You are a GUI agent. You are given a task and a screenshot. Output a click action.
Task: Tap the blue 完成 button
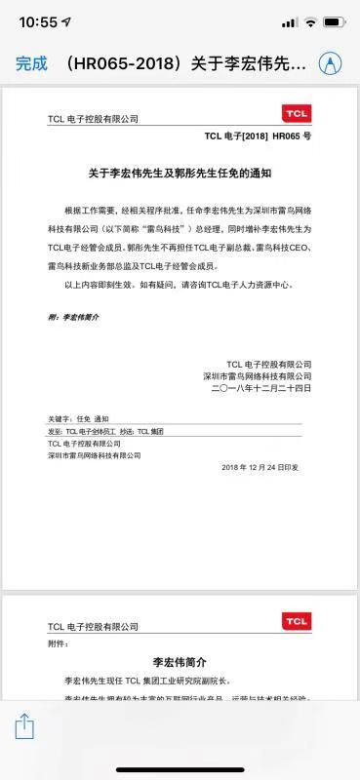coord(31,63)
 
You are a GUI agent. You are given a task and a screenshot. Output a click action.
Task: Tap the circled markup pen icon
coord(332,63)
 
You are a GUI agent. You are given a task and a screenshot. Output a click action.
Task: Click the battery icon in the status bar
coord(335,21)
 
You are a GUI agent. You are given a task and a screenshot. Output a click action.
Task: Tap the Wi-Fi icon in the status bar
coord(310,21)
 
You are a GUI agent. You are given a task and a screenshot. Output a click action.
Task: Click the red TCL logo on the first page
coord(297,115)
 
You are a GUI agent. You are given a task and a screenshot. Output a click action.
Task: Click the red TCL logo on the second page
coord(297,621)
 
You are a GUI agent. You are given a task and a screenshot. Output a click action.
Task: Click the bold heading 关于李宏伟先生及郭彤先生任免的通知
coord(180,174)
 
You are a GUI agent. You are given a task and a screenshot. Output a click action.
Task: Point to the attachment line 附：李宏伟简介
coord(73,318)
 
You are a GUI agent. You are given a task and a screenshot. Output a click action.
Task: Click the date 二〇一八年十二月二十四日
coord(260,388)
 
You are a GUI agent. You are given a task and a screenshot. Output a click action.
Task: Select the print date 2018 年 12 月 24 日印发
coord(260,467)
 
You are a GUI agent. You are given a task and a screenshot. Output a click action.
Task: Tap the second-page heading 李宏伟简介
coord(180,662)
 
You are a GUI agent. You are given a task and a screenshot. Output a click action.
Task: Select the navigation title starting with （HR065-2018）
coord(185,63)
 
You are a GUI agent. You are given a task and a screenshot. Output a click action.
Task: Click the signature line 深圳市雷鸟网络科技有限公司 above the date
coord(257,375)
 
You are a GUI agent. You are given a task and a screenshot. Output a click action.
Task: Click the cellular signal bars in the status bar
coord(288,21)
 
